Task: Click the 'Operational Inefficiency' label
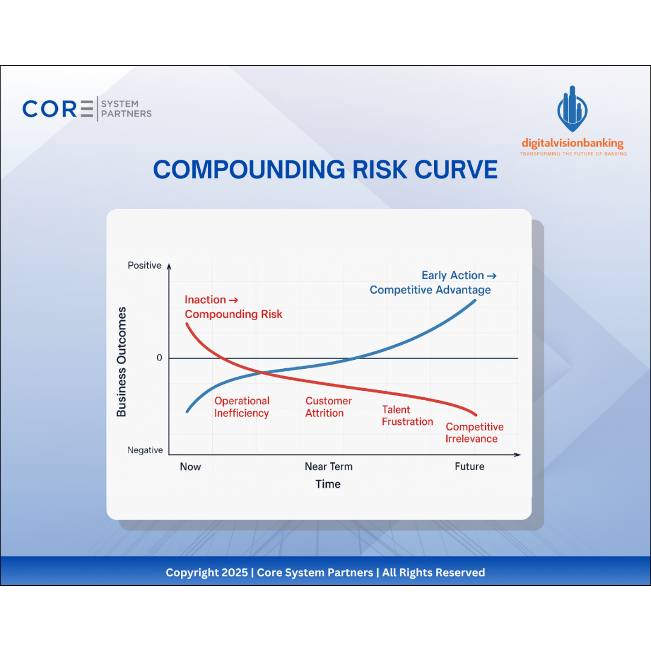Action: pos(242,407)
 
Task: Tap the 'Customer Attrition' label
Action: pos(328,407)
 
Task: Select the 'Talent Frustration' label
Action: pos(407,416)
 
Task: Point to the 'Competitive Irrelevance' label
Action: pos(474,433)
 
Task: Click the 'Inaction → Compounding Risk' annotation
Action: pos(233,307)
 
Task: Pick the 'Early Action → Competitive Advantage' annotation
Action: pos(430,283)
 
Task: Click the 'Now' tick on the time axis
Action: pos(190,467)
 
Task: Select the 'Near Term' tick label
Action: pos(329,467)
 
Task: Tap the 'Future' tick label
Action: pos(469,467)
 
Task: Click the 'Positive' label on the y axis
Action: pos(145,266)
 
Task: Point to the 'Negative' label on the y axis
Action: pos(145,450)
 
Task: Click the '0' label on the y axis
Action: pos(159,358)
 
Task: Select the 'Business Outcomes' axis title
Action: pos(122,362)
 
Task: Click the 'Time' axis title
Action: pos(328,484)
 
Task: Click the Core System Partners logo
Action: pos(87,109)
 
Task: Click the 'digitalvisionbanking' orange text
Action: pos(572,143)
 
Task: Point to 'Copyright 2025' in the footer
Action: pos(206,573)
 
